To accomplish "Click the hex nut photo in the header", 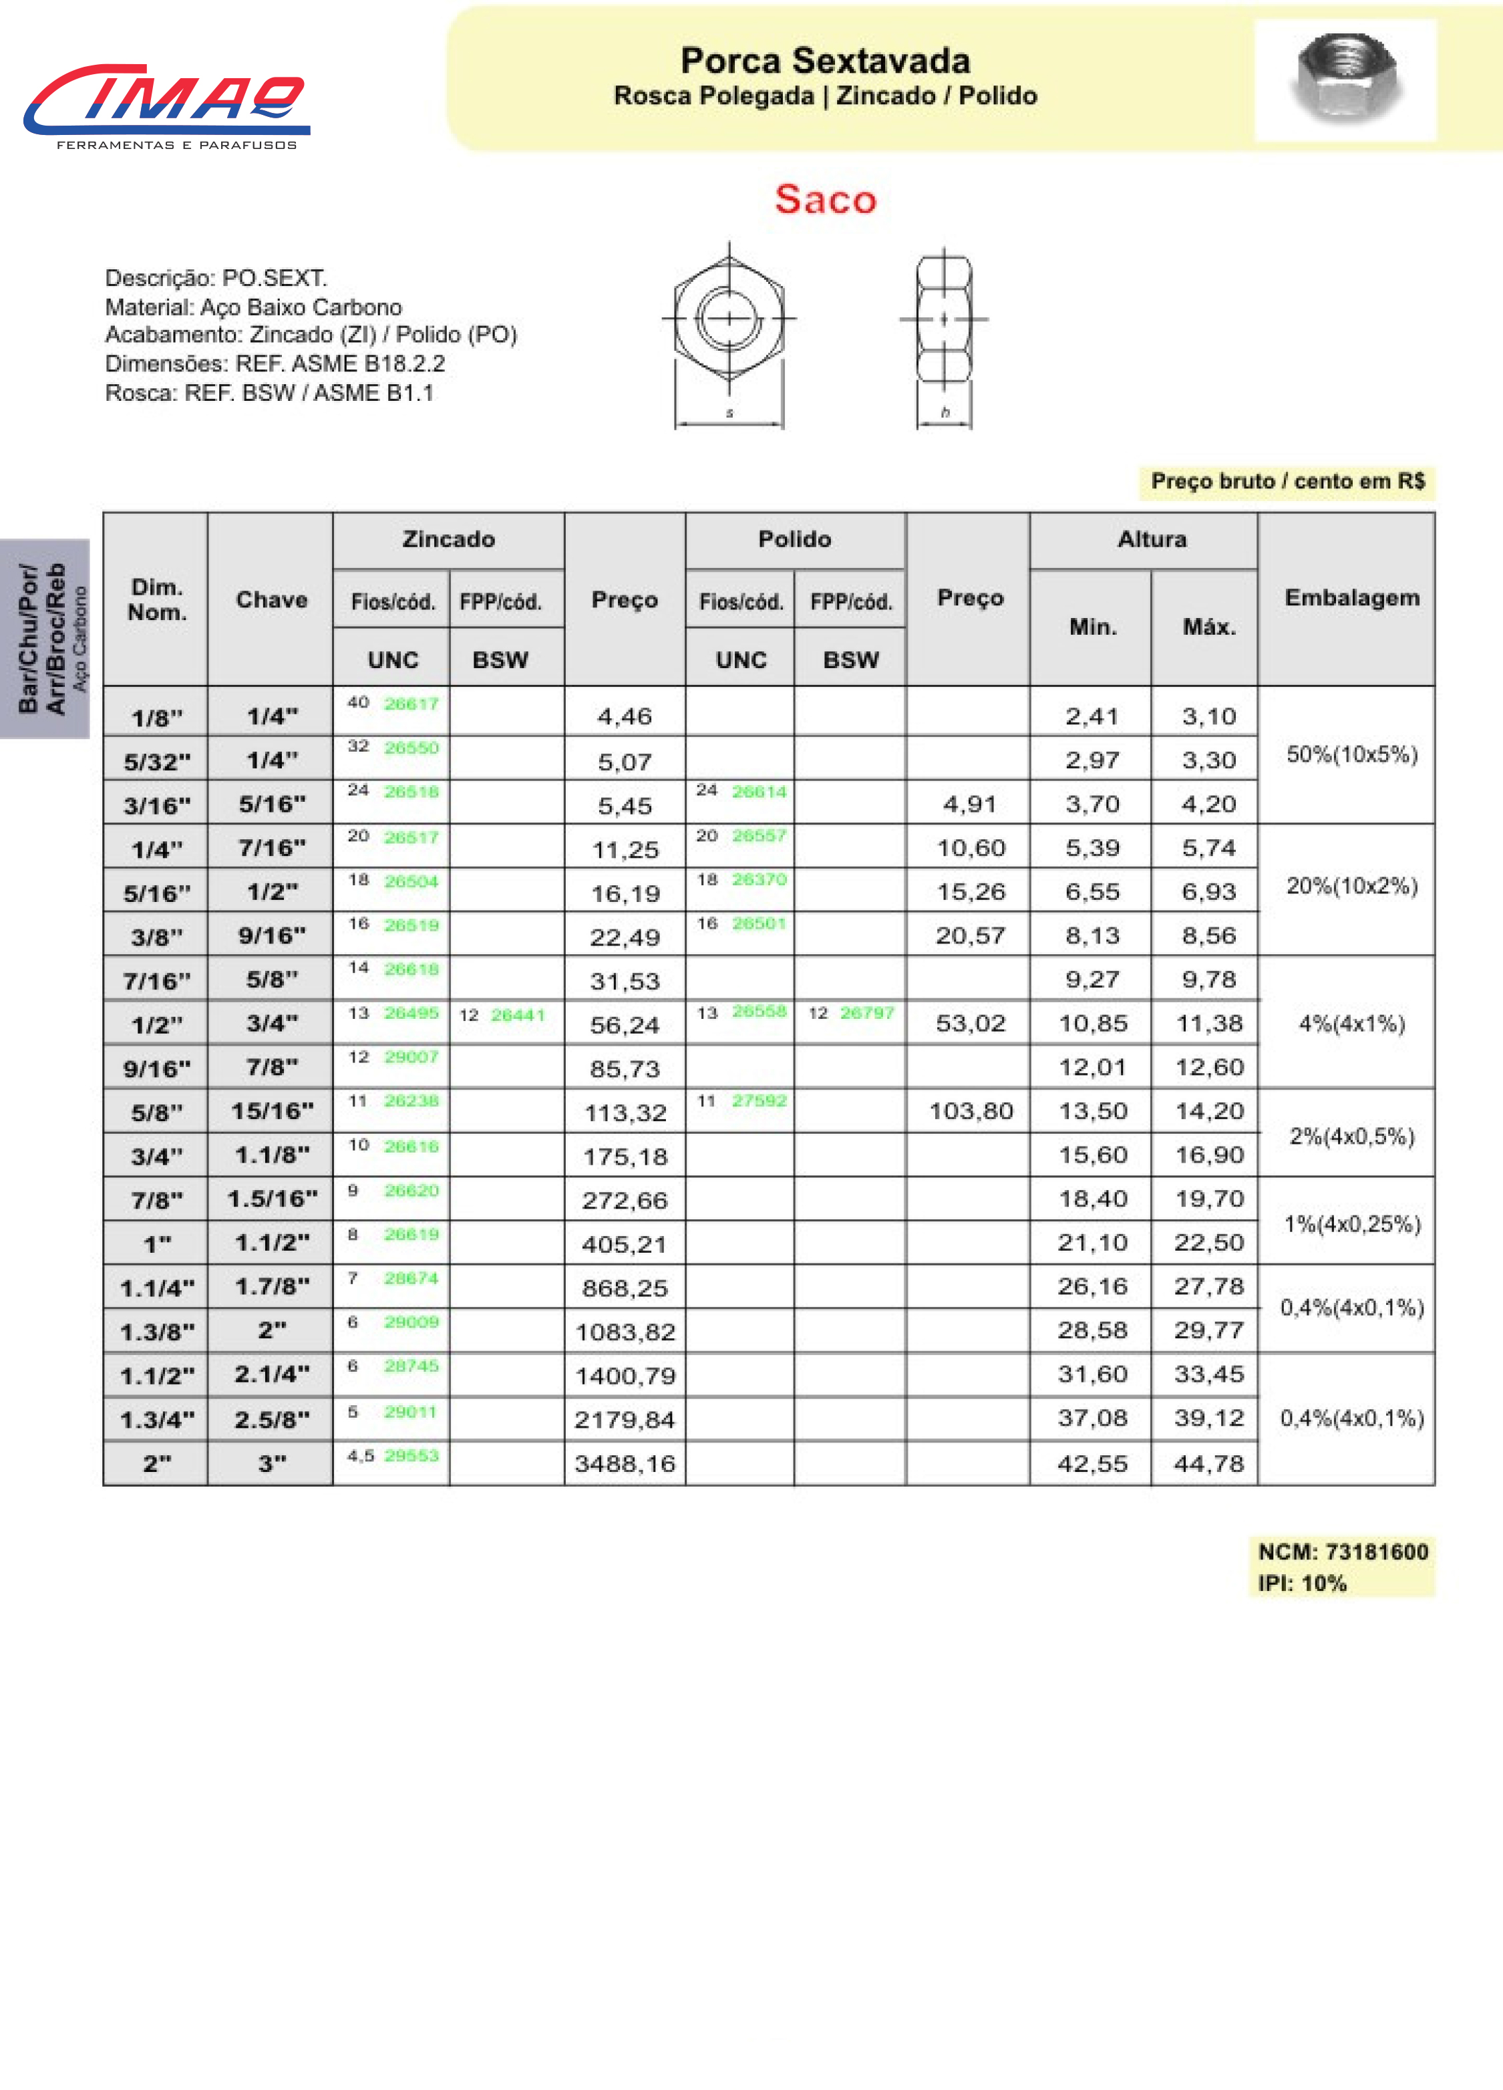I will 1345,80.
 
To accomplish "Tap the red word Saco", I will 825,199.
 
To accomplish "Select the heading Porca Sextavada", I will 825,61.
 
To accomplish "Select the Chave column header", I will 271,600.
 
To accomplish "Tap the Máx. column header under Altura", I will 1208,627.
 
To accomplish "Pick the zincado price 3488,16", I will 625,1463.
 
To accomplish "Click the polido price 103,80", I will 971,1111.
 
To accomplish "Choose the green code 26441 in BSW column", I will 518,1014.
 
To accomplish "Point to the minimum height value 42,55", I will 1092,1463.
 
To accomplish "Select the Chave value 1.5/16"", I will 272,1199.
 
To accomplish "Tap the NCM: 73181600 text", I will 1343,1552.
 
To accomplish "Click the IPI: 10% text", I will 1302,1583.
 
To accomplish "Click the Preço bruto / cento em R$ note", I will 1287,481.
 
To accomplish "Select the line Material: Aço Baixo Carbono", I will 253,307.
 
